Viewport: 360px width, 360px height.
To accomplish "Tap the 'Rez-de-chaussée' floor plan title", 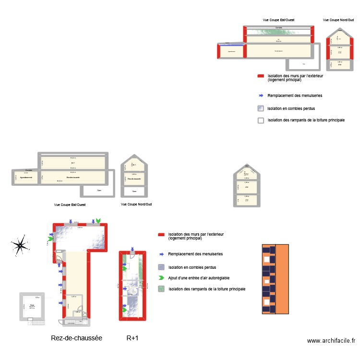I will click(x=76, y=338).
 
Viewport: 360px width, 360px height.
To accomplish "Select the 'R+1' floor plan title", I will click(x=132, y=338).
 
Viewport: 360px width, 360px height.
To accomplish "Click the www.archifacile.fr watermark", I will click(x=331, y=340).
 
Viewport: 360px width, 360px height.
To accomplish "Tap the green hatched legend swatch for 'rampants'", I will click(x=161, y=289).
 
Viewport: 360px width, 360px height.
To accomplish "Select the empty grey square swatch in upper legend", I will click(x=261, y=120).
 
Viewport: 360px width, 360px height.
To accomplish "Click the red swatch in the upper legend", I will click(x=261, y=76).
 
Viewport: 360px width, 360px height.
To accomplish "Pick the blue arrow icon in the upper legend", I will click(x=261, y=96).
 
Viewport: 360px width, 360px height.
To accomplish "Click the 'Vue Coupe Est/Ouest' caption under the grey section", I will click(x=70, y=204).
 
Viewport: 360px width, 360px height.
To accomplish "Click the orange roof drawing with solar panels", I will click(x=275, y=279).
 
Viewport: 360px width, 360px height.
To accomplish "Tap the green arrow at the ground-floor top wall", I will click(x=98, y=220).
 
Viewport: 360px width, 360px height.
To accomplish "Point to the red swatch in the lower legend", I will click(x=161, y=235).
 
